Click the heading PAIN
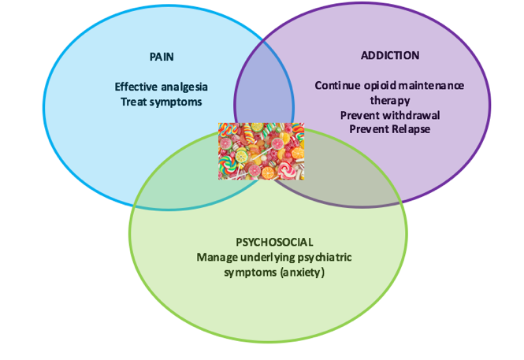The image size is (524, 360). coord(162,58)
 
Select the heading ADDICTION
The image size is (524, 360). coord(390,56)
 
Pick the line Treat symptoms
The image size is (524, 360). coord(162,102)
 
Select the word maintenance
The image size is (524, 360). coord(430,85)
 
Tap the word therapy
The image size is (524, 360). coord(390,100)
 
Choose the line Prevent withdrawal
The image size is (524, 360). coord(390,114)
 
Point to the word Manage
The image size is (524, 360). coord(215,257)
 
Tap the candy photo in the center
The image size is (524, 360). coord(261,150)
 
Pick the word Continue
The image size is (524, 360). coord(336,85)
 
